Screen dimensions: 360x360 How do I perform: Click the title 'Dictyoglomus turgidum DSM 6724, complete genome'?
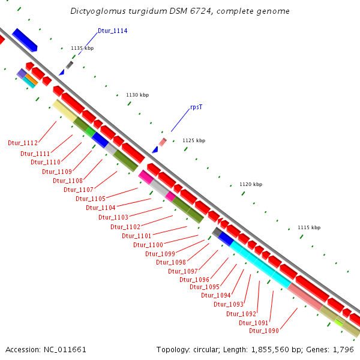coord(180,11)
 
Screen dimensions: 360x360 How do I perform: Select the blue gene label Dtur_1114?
coord(112,31)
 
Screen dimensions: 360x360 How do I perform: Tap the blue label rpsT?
coord(196,107)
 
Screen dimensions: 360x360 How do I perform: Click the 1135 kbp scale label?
coord(82,48)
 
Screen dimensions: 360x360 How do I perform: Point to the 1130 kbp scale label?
coord(137,95)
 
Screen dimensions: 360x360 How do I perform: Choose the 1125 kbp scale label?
coord(194,140)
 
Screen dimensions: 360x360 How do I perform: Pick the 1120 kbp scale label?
coord(251,185)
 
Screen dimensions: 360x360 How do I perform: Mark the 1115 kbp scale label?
coord(309,227)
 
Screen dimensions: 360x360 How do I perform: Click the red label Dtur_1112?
coord(23,143)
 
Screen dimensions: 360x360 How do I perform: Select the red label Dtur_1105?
coord(91,199)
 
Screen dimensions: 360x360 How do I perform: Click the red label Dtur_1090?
coord(264,331)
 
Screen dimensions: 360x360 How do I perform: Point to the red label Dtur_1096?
coord(194,280)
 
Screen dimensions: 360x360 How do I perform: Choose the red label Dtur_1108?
coord(68,181)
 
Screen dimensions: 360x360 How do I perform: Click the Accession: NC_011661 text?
coord(46,349)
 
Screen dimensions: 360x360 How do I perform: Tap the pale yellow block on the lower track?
coord(64,110)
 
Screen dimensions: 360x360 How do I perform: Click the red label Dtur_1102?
coord(125,227)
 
